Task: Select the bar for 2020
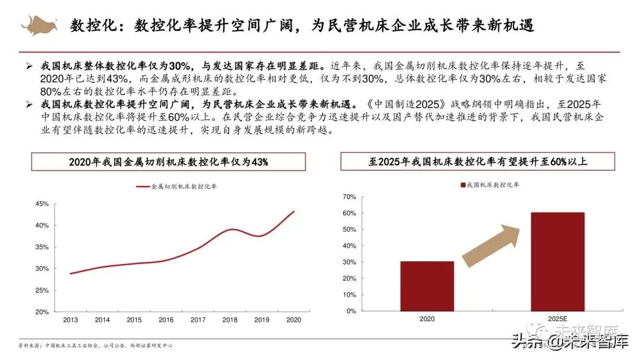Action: coord(427,286)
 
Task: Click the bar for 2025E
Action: coord(557,262)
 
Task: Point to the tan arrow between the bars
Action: coord(491,244)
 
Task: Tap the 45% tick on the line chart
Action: coord(41,204)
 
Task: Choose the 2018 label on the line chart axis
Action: coord(230,320)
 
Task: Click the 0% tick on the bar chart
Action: coord(351,311)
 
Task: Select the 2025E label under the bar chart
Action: coord(557,319)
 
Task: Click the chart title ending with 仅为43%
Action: coord(169,162)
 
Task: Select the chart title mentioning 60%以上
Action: coord(477,161)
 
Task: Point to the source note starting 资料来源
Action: coord(95,346)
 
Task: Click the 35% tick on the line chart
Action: coord(41,247)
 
